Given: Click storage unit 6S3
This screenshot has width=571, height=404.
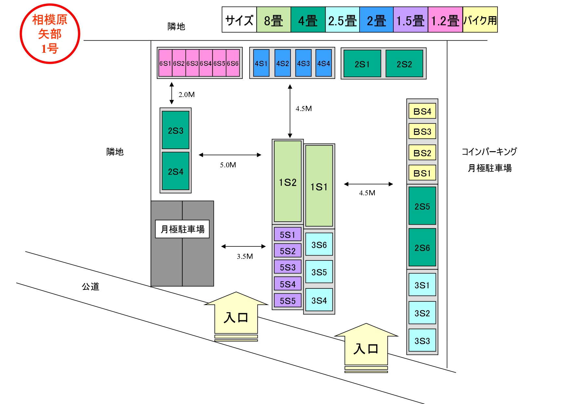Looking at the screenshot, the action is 192,63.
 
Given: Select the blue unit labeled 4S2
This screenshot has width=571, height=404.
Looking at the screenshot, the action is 282,63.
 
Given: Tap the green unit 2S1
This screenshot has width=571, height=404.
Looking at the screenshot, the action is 362,63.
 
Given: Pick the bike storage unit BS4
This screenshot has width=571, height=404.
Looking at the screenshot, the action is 422,111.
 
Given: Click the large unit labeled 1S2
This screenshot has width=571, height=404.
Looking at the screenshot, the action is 288,181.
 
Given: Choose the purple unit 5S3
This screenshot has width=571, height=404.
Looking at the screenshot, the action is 288,267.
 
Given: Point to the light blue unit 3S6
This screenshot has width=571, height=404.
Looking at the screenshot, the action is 319,244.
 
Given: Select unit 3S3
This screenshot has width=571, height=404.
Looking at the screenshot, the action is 422,341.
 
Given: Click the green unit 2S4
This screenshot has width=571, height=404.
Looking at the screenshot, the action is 176,171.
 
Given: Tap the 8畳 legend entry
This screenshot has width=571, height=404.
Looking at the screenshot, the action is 274,20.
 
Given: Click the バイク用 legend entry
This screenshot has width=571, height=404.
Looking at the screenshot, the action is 480,20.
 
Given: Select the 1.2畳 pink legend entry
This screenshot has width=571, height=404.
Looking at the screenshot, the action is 445,20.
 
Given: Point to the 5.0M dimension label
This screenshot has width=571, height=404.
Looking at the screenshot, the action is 228,165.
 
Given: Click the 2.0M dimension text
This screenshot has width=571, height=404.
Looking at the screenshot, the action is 186,94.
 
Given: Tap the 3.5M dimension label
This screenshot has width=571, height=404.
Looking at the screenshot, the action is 245,256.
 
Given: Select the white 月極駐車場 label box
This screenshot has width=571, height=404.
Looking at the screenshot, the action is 182,229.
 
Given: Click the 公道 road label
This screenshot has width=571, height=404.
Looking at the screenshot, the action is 90,286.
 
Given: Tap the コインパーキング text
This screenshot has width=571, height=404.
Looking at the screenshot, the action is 489,152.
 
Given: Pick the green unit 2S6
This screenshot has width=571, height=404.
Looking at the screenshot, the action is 422,247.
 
